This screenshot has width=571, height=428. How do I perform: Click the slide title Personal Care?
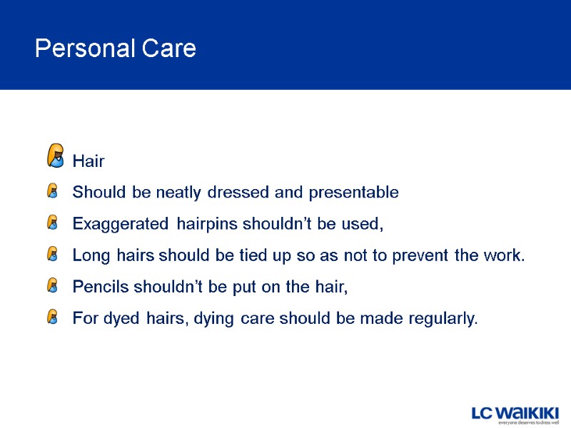tap(115, 49)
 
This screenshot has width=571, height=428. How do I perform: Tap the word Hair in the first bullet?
tap(89, 161)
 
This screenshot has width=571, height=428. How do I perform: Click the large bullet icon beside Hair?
tap(55, 155)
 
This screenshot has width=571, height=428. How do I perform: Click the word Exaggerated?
tap(118, 224)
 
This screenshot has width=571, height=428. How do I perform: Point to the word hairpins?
tap(206, 224)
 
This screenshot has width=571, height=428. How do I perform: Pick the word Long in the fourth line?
tap(89, 255)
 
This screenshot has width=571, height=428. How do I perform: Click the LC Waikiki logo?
tap(515, 412)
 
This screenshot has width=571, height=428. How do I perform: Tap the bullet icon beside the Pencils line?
tap(52, 286)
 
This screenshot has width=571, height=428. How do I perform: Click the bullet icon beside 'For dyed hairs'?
tap(52, 317)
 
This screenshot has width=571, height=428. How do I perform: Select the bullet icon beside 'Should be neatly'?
tap(52, 192)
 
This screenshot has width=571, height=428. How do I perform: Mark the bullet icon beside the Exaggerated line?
tap(52, 223)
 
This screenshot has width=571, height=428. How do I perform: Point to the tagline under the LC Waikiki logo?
tap(528, 423)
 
